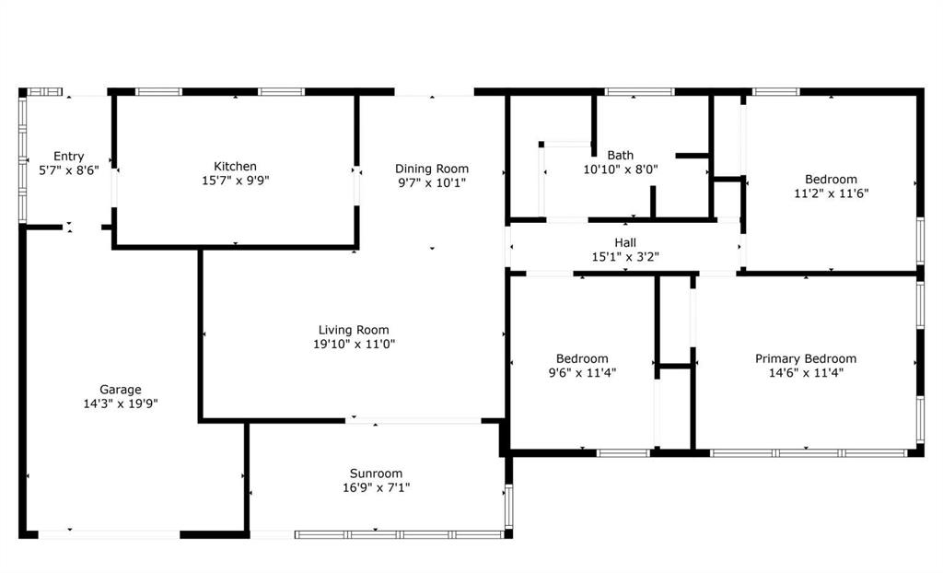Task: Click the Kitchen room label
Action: click(x=235, y=167)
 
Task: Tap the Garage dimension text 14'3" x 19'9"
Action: click(x=121, y=403)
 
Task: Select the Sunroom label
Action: click(x=376, y=474)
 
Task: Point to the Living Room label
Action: click(x=353, y=330)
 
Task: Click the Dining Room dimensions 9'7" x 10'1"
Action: click(x=431, y=182)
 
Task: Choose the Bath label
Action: click(x=620, y=156)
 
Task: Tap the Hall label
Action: click(x=625, y=243)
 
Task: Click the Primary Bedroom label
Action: click(x=805, y=359)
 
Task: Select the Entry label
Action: click(x=68, y=157)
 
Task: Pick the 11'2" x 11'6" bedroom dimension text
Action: click(x=831, y=193)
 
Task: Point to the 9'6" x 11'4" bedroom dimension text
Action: click(x=581, y=373)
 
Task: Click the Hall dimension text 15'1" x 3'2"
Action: click(x=625, y=257)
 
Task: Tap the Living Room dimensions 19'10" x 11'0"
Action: click(x=353, y=345)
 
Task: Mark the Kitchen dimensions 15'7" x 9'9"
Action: click(x=235, y=181)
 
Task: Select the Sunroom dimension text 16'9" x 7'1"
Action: click(x=376, y=487)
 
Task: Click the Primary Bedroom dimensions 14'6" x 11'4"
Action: click(x=805, y=373)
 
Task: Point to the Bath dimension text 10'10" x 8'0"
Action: click(x=620, y=170)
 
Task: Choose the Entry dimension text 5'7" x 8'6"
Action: click(x=68, y=170)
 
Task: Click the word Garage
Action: click(x=121, y=390)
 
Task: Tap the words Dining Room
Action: click(x=431, y=169)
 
